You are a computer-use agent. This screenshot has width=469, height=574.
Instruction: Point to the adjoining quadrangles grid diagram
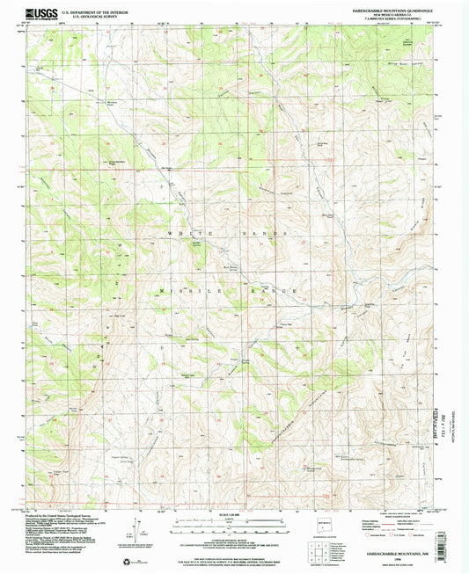[322, 549]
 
